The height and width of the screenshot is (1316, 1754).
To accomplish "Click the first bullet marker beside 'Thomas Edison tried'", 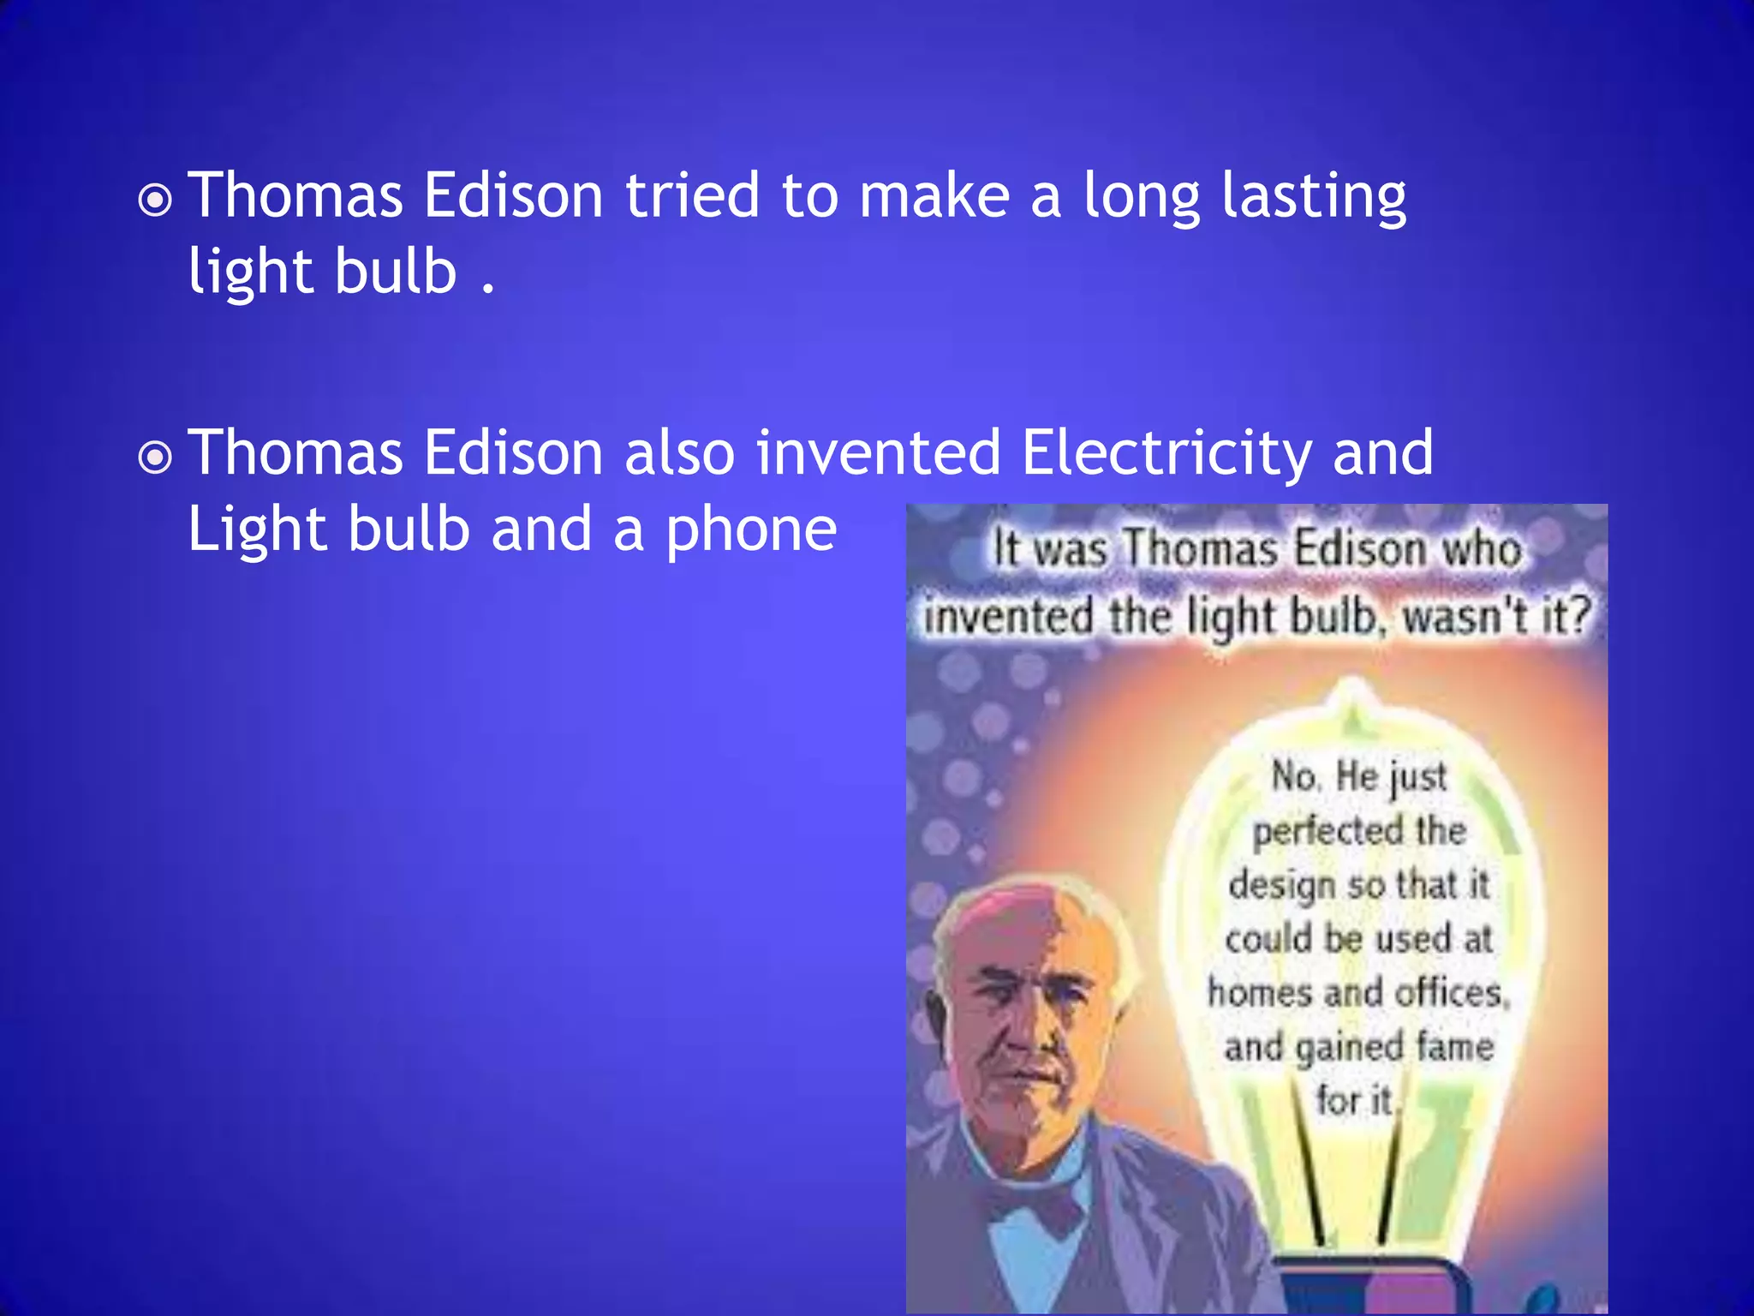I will point(155,201).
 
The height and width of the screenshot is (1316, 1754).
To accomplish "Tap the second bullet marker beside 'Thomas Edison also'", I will point(155,458).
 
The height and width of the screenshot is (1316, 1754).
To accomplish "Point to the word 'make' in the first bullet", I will point(934,195).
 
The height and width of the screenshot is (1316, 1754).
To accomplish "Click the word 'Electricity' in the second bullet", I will point(1166,454).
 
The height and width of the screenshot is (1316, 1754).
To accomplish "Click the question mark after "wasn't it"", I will point(1578,614).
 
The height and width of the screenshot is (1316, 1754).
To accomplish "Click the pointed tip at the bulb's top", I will point(1351,685).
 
